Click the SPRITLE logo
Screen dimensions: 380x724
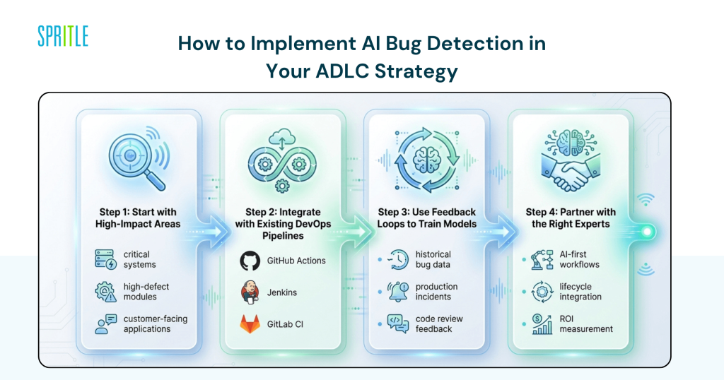coord(63,35)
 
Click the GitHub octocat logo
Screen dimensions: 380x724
coord(250,261)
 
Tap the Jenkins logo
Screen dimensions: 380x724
coord(250,292)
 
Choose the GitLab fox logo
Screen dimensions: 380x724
coord(250,323)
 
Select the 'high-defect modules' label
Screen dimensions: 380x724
coord(146,292)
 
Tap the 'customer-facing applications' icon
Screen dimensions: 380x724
coord(105,324)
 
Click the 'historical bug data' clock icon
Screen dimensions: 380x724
coord(397,259)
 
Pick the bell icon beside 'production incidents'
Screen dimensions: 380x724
coord(397,291)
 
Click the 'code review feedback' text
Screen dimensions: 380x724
coord(439,324)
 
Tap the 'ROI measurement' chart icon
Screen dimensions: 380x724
coord(542,324)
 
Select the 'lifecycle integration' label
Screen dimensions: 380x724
coord(580,292)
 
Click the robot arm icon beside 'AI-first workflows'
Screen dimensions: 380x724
coord(542,259)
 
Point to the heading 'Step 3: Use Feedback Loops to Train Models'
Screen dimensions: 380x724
coord(426,218)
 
